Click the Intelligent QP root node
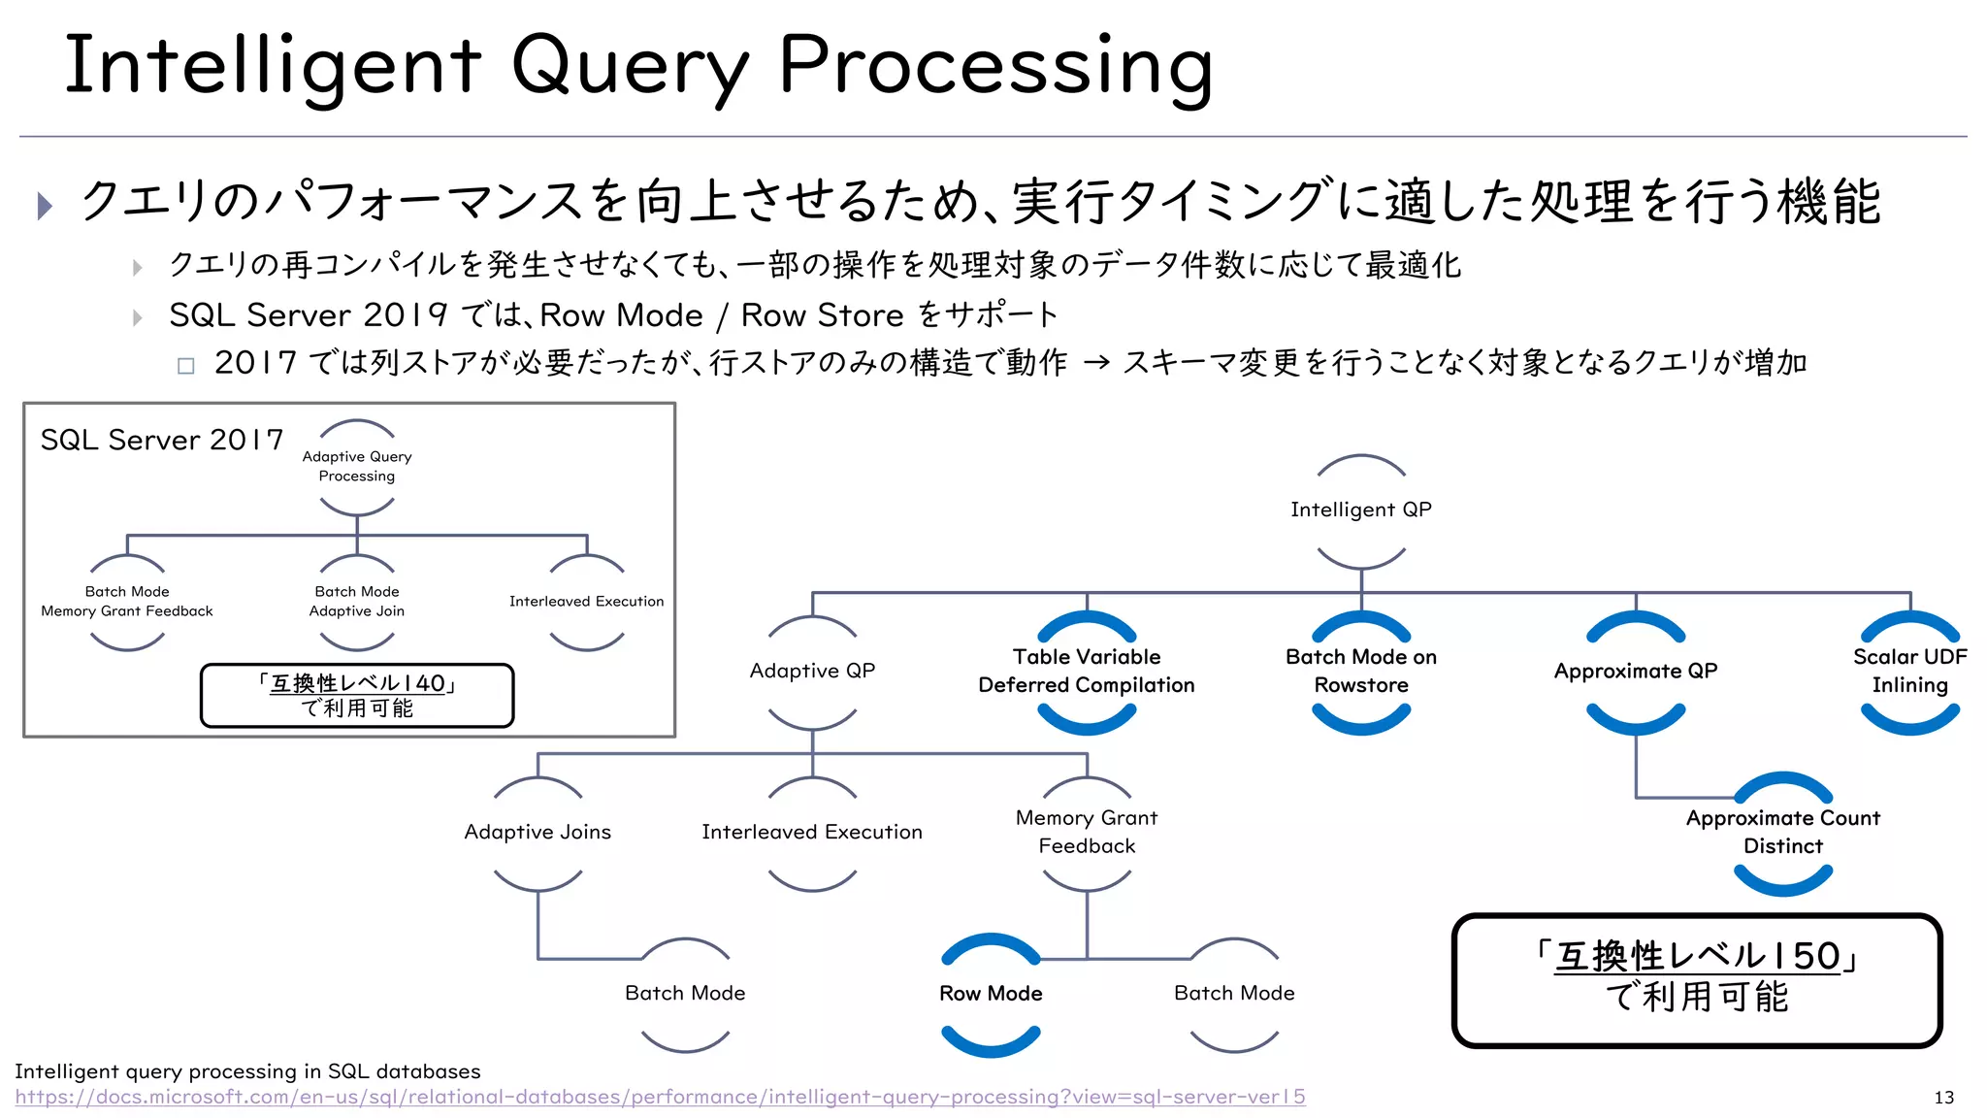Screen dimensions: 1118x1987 (1360, 510)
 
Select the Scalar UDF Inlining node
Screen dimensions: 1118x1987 (1909, 672)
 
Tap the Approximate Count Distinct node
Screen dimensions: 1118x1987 (1782, 833)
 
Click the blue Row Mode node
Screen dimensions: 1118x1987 (991, 994)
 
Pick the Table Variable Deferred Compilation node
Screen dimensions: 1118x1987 (1086, 672)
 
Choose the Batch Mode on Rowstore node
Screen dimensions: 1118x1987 (1360, 672)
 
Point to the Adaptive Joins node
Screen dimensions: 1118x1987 (537, 833)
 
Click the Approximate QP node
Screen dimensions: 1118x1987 (1635, 672)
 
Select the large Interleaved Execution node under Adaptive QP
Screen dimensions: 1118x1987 (812, 833)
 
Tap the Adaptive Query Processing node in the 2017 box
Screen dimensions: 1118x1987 (357, 467)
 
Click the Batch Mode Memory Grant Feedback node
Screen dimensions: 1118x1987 (127, 602)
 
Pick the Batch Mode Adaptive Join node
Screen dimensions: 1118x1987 (357, 602)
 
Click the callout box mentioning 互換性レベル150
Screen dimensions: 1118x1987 (1696, 979)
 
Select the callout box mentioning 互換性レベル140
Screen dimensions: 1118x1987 (357, 696)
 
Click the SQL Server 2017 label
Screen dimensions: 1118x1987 (162, 441)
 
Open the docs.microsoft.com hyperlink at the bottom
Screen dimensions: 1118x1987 (660, 1098)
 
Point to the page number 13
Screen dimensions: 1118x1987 (1943, 1098)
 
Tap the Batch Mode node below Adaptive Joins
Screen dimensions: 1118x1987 (685, 994)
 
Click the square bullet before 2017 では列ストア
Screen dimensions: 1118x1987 (186, 366)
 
